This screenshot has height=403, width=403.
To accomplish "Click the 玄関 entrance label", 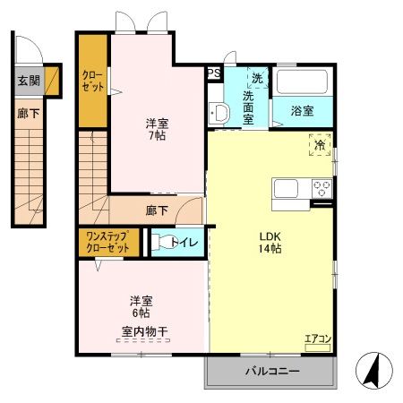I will tap(29, 81).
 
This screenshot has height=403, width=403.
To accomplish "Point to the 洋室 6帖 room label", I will tap(139, 307).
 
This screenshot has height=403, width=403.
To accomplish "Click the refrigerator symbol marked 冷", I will tap(320, 143).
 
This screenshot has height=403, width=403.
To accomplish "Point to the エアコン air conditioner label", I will tap(317, 339).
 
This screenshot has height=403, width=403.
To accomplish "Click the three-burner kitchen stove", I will tap(322, 188).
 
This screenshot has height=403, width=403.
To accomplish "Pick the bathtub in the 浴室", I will tap(304, 82).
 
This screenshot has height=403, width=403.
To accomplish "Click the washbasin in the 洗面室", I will tap(219, 112).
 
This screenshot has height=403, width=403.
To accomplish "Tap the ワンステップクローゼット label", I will tap(107, 242).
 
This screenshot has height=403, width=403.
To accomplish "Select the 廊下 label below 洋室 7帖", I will tap(156, 211).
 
